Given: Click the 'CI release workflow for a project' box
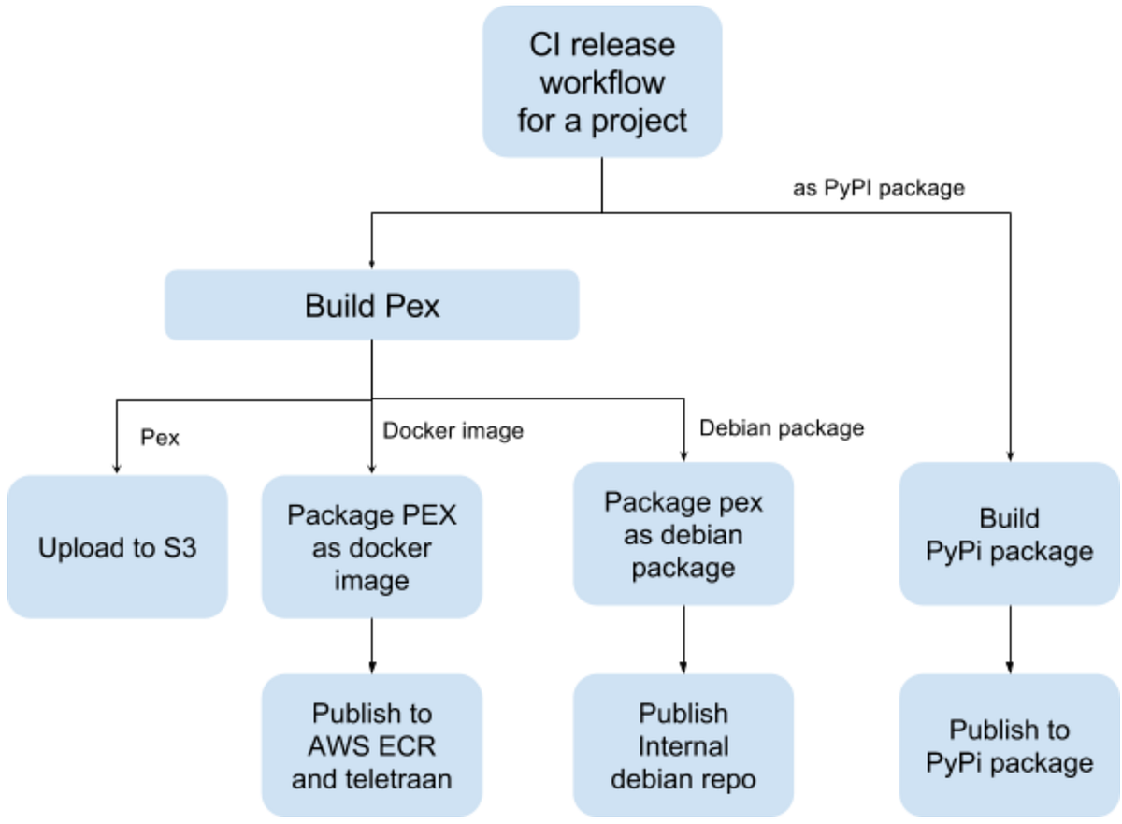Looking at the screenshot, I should pyautogui.click(x=602, y=81).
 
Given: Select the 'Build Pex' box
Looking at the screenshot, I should pyautogui.click(x=372, y=305).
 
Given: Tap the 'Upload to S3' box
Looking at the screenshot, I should pyautogui.click(x=118, y=547).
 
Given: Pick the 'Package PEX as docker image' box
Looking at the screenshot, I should pyautogui.click(x=372, y=547).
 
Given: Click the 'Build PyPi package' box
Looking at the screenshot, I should pyautogui.click(x=1009, y=535).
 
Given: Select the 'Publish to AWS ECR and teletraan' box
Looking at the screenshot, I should pyautogui.click(x=372, y=745).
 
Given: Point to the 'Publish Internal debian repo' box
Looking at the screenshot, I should pyautogui.click(x=683, y=745).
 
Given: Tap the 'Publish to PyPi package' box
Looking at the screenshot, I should pyautogui.click(x=1009, y=745).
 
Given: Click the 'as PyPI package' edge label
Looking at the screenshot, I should pyautogui.click(x=878, y=188).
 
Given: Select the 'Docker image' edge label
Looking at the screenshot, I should pyautogui.click(x=453, y=430).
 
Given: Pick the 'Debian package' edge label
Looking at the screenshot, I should pyautogui.click(x=782, y=428).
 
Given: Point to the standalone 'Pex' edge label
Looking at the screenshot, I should pyautogui.click(x=159, y=437).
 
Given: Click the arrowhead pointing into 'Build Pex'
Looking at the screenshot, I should pyautogui.click(x=372, y=263).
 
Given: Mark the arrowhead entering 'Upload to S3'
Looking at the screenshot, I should pyautogui.click(x=116, y=469).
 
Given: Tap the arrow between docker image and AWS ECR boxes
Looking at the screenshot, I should pyautogui.click(x=372, y=645).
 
